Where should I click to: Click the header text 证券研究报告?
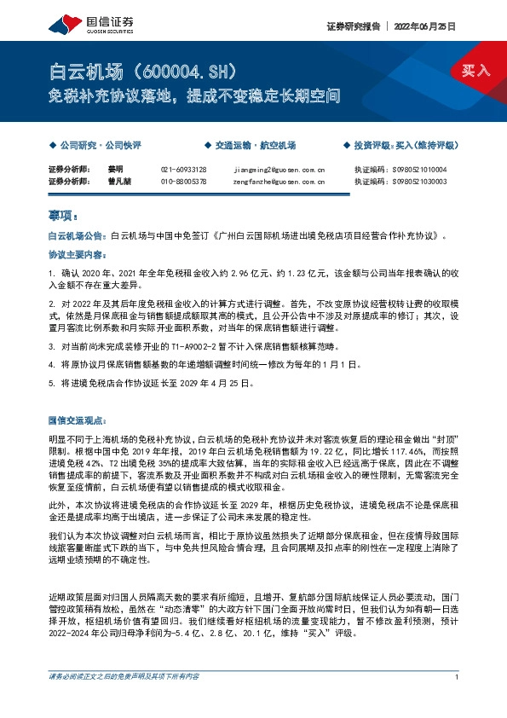[351, 26]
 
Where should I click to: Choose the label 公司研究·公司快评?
[100, 146]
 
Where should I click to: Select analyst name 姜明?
[115, 170]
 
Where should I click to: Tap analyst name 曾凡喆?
[118, 181]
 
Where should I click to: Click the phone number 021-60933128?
[183, 170]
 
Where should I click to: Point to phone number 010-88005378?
[183, 181]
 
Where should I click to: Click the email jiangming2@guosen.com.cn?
[278, 170]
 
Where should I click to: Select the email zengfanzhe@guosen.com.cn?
[278, 181]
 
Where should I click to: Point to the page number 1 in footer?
[458, 701]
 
